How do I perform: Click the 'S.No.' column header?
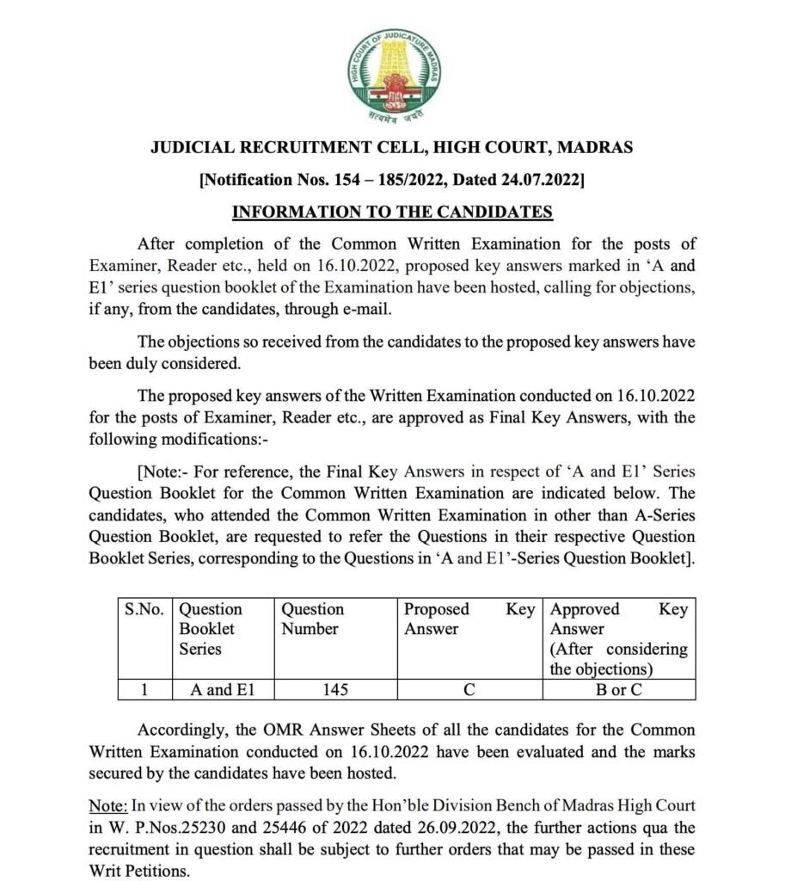coord(144,609)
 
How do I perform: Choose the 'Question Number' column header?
coord(313,619)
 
